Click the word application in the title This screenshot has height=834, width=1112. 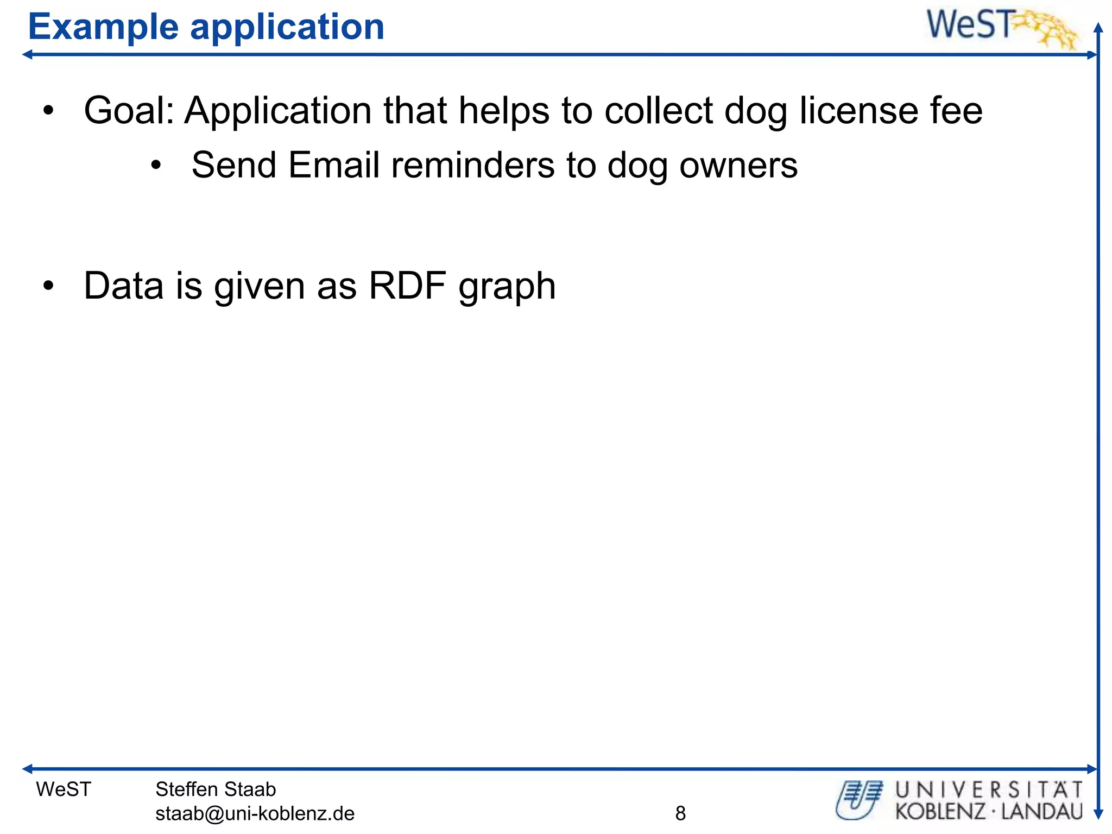(287, 27)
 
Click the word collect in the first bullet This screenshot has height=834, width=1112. (658, 111)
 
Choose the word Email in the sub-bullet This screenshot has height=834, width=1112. (333, 165)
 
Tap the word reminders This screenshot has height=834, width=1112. (472, 165)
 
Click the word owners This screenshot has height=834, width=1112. (738, 165)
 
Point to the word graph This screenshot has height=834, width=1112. (507, 287)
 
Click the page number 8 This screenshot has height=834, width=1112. (680, 813)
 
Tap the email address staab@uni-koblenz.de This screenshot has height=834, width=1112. (255, 813)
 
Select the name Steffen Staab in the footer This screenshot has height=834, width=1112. (216, 789)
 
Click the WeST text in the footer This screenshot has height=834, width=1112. (64, 789)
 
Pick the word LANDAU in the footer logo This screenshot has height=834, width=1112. (1042, 812)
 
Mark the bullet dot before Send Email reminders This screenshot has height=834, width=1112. (156, 166)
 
